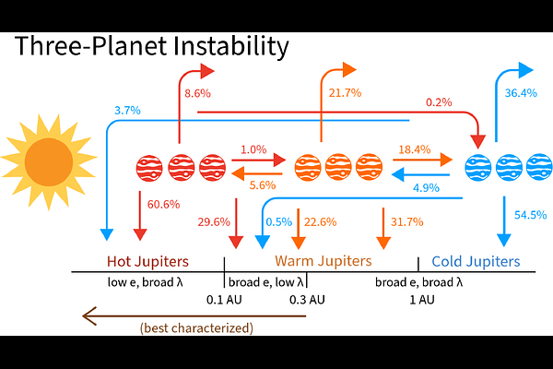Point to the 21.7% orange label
coord(344,93)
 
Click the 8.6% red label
coord(197,93)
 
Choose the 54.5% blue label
coord(530,215)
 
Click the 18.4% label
coord(415,149)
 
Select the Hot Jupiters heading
coord(147,261)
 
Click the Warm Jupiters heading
coord(323,261)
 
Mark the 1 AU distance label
coord(421,300)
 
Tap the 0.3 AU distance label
coord(307,300)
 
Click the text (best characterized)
coord(196,327)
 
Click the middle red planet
coord(181,167)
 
